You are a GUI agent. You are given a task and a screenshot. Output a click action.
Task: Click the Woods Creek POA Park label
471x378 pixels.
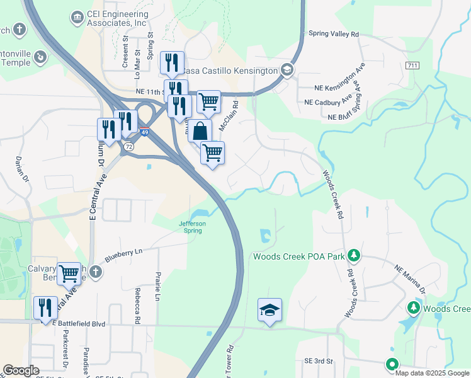(x=299, y=256)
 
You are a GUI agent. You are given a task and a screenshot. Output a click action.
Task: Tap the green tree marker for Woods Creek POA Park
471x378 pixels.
(x=354, y=255)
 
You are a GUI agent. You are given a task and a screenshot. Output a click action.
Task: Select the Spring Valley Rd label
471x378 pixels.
(x=333, y=33)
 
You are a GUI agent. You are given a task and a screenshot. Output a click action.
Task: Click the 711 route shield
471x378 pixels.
(x=413, y=66)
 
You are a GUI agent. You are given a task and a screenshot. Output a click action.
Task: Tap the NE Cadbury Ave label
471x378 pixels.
(x=328, y=101)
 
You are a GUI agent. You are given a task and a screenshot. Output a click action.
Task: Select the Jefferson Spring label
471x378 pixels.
(x=192, y=227)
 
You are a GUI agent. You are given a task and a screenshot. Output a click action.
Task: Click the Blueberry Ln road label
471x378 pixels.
(x=124, y=255)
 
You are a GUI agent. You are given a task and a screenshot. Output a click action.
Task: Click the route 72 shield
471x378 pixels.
(x=128, y=146)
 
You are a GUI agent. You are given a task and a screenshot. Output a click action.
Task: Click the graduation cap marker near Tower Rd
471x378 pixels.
(x=270, y=310)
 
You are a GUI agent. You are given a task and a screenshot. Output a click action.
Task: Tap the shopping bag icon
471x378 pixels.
(x=200, y=132)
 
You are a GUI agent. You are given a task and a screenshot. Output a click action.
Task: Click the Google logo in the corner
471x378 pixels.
(x=21, y=370)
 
